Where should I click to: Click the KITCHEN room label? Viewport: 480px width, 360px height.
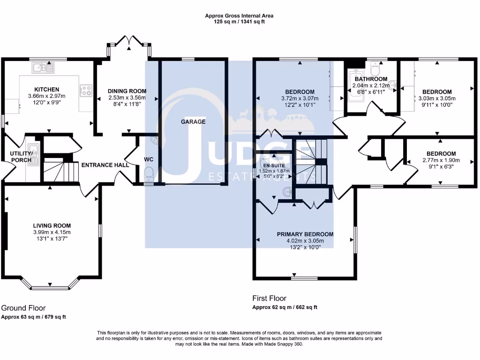tap(46, 90)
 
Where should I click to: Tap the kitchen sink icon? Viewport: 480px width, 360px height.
tap(43, 68)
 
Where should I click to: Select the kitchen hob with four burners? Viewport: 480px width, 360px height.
tap(86, 90)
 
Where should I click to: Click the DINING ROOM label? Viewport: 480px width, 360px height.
tap(127, 91)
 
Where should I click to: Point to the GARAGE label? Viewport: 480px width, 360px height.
tap(193, 121)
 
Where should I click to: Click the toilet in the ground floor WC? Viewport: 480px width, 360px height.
tap(148, 175)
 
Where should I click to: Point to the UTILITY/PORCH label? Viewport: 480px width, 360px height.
tap(22, 157)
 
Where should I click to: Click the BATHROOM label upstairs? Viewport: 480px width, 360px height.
tap(371, 79)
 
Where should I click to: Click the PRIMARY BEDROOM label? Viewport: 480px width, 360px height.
tap(305, 234)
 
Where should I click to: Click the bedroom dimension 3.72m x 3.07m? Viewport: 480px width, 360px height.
tap(300, 98)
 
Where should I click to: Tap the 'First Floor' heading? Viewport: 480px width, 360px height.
tap(269, 298)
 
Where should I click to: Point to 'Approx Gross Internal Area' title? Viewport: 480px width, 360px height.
tap(239, 15)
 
